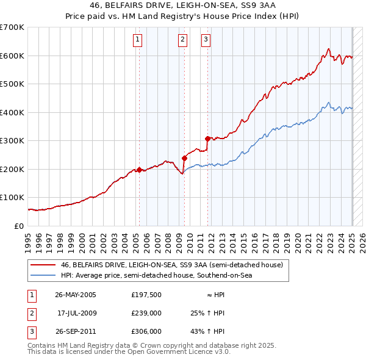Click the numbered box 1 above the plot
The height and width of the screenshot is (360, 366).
[x=138, y=40]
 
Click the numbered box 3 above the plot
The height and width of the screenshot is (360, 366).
[x=206, y=40]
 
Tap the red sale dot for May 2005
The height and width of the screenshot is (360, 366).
[x=139, y=170]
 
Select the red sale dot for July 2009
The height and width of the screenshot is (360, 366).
[x=184, y=158]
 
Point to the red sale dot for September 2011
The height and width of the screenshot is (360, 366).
[x=208, y=139]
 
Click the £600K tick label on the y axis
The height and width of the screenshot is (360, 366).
[x=12, y=56]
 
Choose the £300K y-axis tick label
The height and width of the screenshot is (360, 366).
[x=12, y=141]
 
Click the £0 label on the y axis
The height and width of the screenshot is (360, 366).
[x=18, y=226]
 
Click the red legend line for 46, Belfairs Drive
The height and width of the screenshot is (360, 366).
[x=43, y=265]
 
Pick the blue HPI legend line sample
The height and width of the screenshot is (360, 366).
[x=43, y=275]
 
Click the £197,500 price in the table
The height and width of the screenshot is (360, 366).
[x=146, y=295]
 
